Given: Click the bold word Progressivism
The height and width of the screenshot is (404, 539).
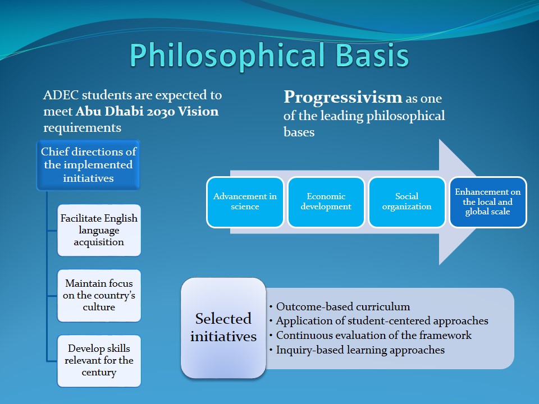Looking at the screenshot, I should pyautogui.click(x=342, y=97).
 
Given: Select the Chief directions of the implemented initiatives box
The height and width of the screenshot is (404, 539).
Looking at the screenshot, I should pyautogui.click(x=88, y=165).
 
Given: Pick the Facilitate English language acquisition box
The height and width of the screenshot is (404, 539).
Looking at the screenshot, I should pyautogui.click(x=99, y=230).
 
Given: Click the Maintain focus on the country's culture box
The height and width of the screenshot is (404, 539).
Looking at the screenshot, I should pyautogui.click(x=99, y=295).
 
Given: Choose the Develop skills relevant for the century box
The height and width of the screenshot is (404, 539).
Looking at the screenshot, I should pyautogui.click(x=99, y=360).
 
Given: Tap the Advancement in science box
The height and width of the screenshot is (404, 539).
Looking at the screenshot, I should pyautogui.click(x=245, y=202).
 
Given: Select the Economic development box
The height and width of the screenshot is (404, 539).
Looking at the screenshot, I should pyautogui.click(x=326, y=202).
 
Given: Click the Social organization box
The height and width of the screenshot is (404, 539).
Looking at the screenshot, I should pyautogui.click(x=406, y=202).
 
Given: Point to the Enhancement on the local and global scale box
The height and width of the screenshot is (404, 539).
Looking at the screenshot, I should pyautogui.click(x=487, y=202).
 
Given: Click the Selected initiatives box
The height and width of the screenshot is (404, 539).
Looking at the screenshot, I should pyautogui.click(x=223, y=328).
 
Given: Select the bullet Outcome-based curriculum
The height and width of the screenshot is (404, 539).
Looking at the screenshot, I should pyautogui.click(x=342, y=307).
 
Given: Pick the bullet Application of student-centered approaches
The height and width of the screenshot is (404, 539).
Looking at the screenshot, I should pyautogui.click(x=382, y=321).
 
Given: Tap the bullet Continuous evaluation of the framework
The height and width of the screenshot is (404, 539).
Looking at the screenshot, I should pyautogui.click(x=373, y=336).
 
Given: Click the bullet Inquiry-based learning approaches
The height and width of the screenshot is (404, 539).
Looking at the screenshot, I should pyautogui.click(x=360, y=350).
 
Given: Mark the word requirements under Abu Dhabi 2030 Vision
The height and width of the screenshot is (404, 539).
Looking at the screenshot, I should pyautogui.click(x=82, y=128).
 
